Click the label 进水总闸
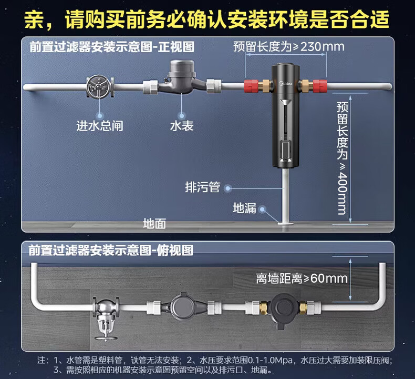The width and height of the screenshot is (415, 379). pos(100,126)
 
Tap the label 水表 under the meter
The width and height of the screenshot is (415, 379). pos(182,126)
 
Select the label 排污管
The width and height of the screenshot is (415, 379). pos(202,187)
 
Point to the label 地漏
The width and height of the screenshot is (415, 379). pos(245,208)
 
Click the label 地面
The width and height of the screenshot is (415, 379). pos(154,224)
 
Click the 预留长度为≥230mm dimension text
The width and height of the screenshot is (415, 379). pos(289,47)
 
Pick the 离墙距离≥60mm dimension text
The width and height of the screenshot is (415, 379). pos(302,278)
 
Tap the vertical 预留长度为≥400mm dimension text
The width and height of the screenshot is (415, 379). pos(342,158)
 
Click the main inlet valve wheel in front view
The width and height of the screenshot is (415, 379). pos(99,86)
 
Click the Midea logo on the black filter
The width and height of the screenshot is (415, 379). pos(286,84)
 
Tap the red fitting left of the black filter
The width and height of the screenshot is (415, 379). pos(251,86)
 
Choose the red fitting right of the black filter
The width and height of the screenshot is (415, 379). pos(320,86)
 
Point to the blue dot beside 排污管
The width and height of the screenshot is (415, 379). pos(227,188)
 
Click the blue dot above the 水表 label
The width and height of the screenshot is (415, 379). pos(182,116)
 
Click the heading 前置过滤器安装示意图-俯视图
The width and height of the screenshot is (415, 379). pos(111,250)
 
